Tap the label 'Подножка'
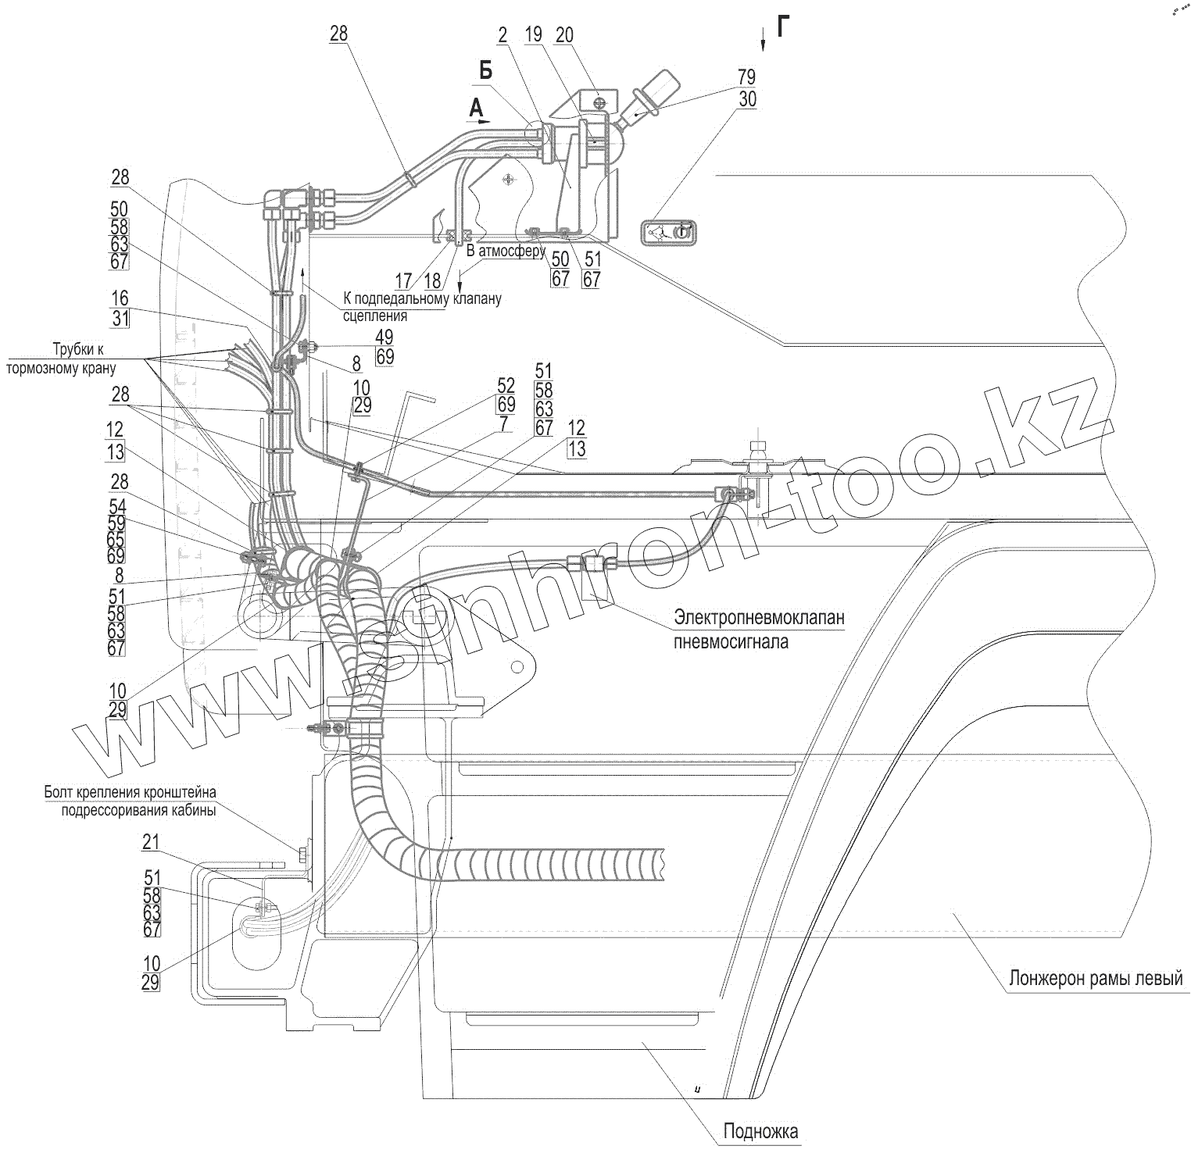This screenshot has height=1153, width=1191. (x=760, y=1130)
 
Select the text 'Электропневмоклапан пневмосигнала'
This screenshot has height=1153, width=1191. (x=759, y=630)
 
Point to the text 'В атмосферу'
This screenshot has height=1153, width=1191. (x=506, y=252)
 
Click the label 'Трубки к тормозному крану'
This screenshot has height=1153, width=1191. (x=62, y=358)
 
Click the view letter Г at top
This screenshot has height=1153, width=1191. (x=783, y=27)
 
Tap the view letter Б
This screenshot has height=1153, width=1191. (x=485, y=72)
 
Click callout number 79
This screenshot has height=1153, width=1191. (x=746, y=77)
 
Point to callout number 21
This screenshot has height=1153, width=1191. (x=151, y=841)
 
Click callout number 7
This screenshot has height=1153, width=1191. (x=504, y=423)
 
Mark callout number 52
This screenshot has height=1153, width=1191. (x=506, y=385)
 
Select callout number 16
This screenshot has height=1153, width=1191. (x=120, y=299)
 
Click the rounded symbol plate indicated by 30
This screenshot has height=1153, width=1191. (x=668, y=232)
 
